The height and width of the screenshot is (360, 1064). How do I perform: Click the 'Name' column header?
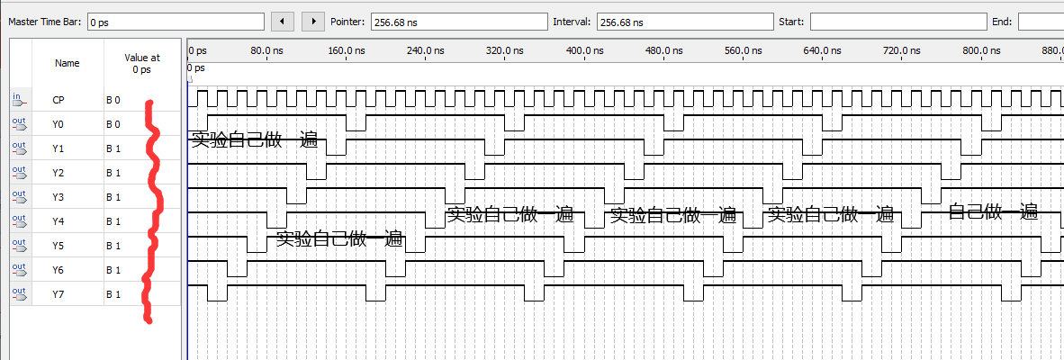(x=67, y=63)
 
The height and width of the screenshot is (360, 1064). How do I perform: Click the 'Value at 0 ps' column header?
(x=141, y=63)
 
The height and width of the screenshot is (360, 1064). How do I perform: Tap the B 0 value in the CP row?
(x=113, y=100)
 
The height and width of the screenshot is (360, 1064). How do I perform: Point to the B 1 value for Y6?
(x=113, y=270)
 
